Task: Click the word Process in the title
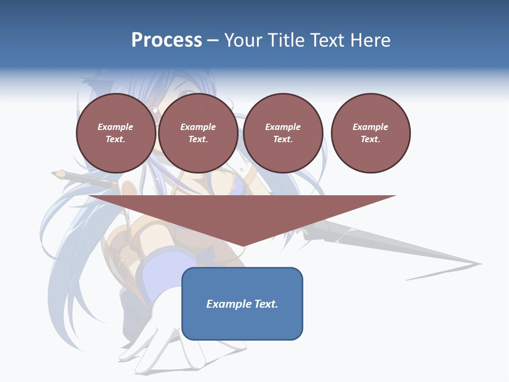point(166,40)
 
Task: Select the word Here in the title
point(370,40)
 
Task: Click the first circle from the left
point(116,133)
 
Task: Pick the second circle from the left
point(198,133)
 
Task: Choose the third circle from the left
point(283,133)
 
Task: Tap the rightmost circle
point(371,133)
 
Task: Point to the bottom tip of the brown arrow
point(242,246)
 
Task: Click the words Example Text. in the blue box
point(242,304)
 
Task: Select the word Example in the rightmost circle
point(371,127)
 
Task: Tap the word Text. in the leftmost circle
point(116,140)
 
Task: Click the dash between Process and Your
point(213,41)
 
